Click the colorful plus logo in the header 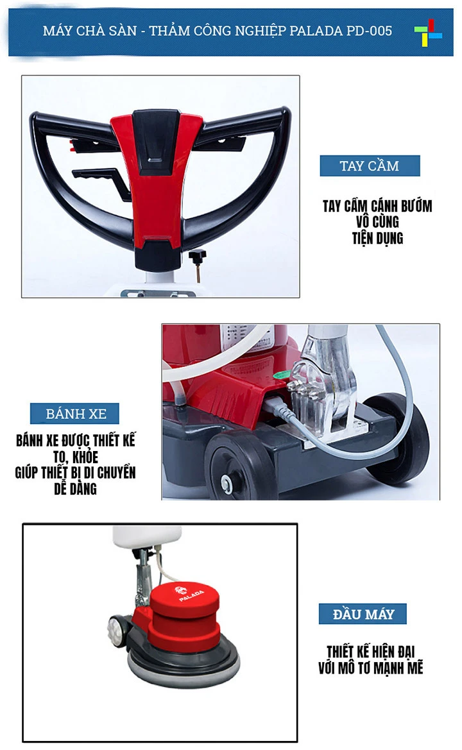[427, 30]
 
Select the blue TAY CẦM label [370, 166]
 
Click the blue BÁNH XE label [76, 413]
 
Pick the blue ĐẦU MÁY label [363, 614]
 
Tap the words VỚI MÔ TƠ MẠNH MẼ [370, 668]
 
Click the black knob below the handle [196, 257]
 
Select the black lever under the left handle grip [99, 176]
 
